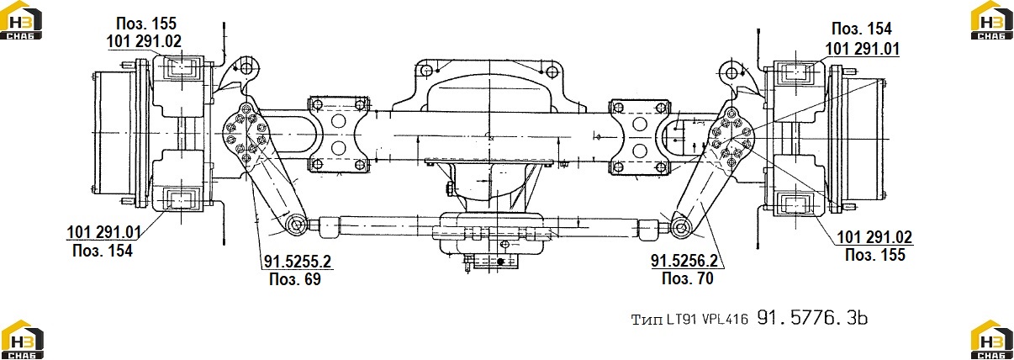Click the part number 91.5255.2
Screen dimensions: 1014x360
(x=298, y=262)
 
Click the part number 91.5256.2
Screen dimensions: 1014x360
(x=684, y=261)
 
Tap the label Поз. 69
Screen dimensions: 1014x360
(x=294, y=279)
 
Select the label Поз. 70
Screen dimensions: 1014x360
(x=687, y=278)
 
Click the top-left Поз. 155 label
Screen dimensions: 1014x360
(x=146, y=24)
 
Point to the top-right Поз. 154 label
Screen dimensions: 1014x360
(x=862, y=29)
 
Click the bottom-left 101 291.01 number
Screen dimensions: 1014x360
(x=103, y=232)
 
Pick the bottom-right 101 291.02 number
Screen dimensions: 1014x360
(x=874, y=237)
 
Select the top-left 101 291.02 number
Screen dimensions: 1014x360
(x=144, y=41)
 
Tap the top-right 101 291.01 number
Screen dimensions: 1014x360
(x=862, y=49)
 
